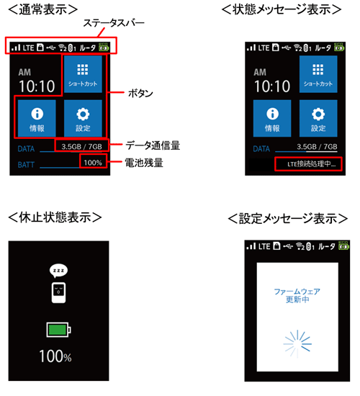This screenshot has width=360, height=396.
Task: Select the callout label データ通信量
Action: pos(151,145)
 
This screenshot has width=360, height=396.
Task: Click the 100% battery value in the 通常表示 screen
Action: pos(92,163)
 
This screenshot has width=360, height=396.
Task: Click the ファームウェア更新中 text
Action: pos(297,296)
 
